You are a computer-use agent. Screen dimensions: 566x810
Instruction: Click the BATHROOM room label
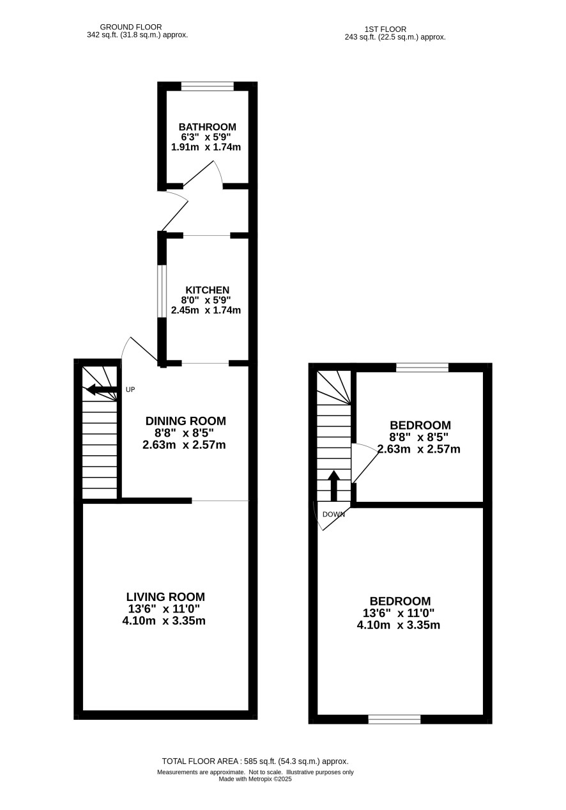click(x=207, y=127)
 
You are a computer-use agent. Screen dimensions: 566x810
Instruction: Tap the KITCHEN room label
click(x=207, y=290)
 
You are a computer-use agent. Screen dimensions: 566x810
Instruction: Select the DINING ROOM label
click(x=185, y=421)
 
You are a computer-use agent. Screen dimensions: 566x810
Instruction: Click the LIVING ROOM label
click(x=165, y=596)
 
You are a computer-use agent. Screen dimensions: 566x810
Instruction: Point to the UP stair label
click(x=130, y=389)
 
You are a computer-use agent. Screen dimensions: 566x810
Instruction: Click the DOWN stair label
click(x=333, y=514)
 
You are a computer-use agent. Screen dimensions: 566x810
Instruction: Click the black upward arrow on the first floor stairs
click(x=333, y=486)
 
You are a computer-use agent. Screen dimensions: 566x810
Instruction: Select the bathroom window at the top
click(x=208, y=86)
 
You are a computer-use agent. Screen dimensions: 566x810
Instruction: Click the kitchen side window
click(x=162, y=292)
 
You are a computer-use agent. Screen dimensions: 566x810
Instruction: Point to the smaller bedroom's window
click(x=422, y=368)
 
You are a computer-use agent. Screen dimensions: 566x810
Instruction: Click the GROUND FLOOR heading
click(x=131, y=27)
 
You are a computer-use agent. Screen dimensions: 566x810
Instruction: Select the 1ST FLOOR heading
click(x=385, y=29)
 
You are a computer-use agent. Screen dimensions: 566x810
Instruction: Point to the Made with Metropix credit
click(x=255, y=779)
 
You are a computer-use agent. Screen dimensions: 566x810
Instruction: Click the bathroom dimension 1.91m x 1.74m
click(x=206, y=147)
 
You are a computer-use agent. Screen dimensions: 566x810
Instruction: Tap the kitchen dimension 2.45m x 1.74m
click(x=206, y=310)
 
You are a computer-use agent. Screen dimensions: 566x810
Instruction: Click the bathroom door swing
click(x=204, y=174)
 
